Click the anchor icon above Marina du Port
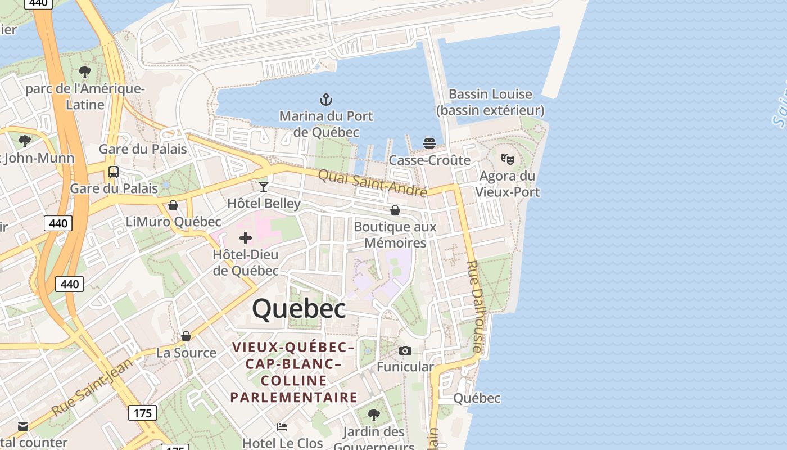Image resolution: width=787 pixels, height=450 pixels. [x=326, y=100]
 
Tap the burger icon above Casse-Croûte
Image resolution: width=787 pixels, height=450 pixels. [x=429, y=143]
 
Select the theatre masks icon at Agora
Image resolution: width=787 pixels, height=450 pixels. [x=508, y=159]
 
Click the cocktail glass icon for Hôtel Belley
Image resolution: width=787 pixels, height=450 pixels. [x=263, y=186]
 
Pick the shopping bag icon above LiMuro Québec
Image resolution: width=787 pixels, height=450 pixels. [x=173, y=205]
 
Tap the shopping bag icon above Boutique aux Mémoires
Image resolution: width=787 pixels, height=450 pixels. [x=395, y=210]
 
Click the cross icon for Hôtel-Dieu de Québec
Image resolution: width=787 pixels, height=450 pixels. [x=246, y=238]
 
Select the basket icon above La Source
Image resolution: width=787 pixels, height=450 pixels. [x=186, y=336]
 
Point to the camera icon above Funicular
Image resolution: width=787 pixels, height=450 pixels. [x=405, y=351]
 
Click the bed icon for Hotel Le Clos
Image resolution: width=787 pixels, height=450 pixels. [x=282, y=427]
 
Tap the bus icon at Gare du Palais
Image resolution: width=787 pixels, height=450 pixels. [x=114, y=172]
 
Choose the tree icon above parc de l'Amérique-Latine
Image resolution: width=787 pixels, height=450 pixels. [x=85, y=71]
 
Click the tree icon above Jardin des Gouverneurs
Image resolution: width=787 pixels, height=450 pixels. [x=373, y=415]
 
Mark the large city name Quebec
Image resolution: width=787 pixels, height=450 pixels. [x=298, y=309]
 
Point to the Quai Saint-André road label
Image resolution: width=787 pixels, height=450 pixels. [x=373, y=183]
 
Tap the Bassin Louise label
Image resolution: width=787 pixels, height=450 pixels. [x=490, y=94]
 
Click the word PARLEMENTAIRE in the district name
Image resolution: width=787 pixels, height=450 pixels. [x=294, y=397]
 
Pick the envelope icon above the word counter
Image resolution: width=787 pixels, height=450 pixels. [x=23, y=426]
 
